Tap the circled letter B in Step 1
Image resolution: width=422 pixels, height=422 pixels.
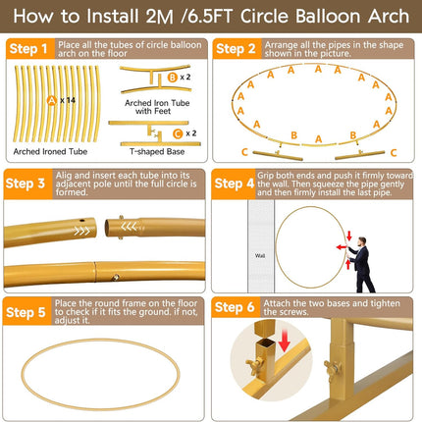173,76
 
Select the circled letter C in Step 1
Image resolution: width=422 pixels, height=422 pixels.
177,132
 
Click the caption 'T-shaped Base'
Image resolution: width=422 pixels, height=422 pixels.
156,154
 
